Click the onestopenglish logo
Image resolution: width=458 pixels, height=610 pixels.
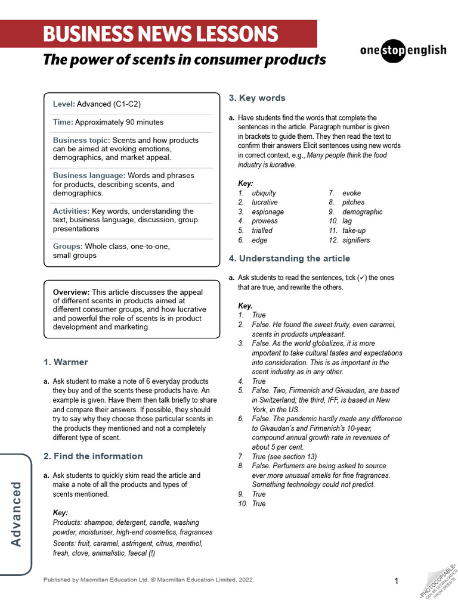(x=403, y=50)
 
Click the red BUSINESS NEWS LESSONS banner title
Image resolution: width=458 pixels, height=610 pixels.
(x=160, y=34)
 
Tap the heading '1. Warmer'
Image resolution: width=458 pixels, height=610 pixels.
(x=66, y=362)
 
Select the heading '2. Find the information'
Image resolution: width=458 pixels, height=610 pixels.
(x=93, y=456)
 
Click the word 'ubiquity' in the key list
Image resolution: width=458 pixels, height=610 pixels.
(x=264, y=193)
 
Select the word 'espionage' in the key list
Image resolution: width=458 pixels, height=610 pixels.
(x=268, y=212)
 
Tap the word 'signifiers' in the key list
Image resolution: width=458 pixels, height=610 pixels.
(x=356, y=240)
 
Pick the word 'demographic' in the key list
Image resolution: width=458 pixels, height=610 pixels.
(x=363, y=212)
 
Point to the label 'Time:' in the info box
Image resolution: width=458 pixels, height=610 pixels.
(x=63, y=122)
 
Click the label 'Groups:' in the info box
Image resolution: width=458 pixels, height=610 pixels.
(x=67, y=246)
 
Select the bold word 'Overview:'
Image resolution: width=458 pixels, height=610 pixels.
(x=71, y=292)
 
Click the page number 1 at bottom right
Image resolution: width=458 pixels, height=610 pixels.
(x=397, y=581)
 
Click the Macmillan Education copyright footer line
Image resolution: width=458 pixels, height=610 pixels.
(x=148, y=580)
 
